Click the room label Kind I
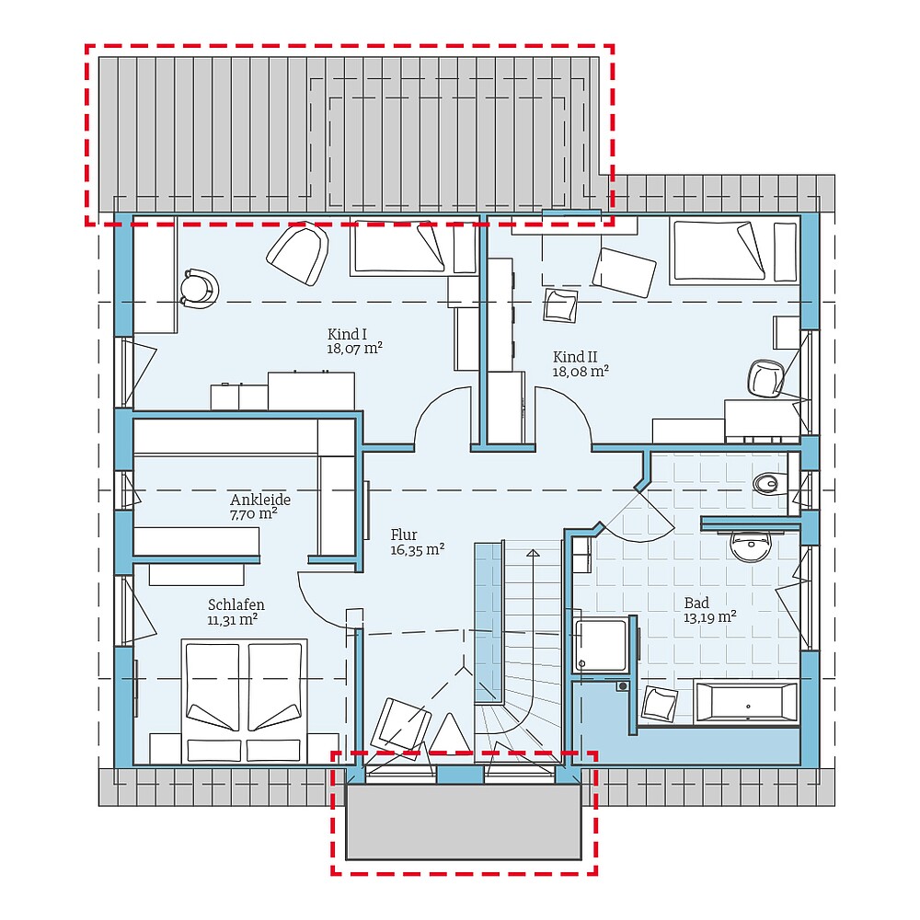[x=347, y=334]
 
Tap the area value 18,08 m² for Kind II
[x=581, y=372]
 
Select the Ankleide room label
[x=260, y=500]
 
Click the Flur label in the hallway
[x=404, y=534]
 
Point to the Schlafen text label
[x=236, y=604]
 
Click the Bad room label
[x=696, y=603]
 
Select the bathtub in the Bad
[x=746, y=702]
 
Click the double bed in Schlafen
[x=244, y=699]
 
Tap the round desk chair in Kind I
[x=198, y=287]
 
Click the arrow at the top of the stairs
[x=533, y=554]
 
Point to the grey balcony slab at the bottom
[x=464, y=822]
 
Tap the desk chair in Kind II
[x=765, y=377]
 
